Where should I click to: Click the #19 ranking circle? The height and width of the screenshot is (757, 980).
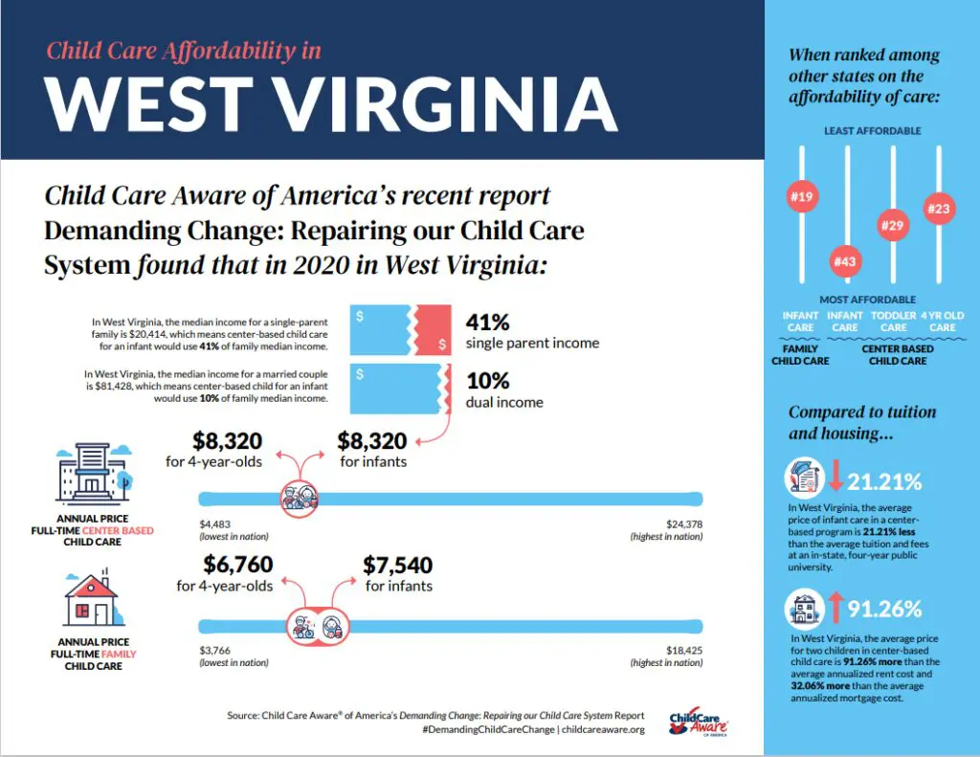801,197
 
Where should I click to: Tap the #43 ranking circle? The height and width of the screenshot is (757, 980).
845,260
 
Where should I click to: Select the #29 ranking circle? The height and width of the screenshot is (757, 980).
893,225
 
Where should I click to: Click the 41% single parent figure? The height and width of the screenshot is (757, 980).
488,323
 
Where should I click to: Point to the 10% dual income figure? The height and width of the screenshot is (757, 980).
488,382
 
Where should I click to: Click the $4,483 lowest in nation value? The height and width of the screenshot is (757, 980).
216,523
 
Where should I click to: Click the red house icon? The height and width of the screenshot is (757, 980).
91,600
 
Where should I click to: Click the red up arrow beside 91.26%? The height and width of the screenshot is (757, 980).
835,608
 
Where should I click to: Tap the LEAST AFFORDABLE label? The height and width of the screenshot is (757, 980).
872,130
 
